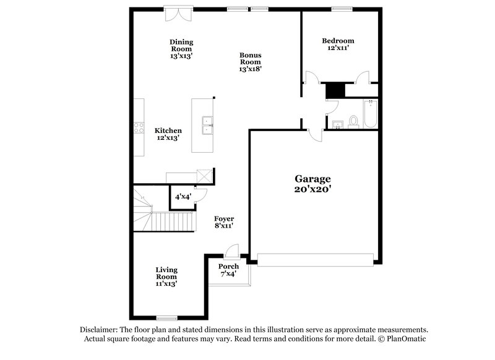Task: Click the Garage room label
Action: coord(312,179)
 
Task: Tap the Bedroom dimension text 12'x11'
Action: coord(338,48)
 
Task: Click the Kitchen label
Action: coord(168,131)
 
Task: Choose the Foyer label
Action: coord(223,219)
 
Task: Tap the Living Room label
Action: coord(166,273)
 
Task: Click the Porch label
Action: coord(228,267)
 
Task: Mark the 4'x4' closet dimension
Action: coord(183,197)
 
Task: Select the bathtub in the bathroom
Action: coord(370,114)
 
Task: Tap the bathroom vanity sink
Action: coord(337,125)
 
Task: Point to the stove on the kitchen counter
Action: coord(139,128)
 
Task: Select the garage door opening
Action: coord(316,259)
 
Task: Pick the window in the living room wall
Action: coord(166,318)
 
